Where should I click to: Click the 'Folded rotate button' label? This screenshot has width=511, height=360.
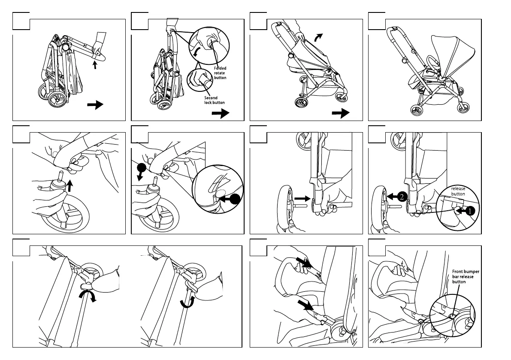(220, 73)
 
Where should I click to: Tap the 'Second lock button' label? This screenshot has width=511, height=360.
(214, 100)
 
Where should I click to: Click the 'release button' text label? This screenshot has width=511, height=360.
(458, 191)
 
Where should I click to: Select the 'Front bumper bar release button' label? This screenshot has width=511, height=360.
(466, 277)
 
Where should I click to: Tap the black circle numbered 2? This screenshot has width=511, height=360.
(400, 197)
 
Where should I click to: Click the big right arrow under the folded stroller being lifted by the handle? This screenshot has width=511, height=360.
(221, 113)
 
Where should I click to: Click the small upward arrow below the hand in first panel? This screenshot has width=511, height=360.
(95, 65)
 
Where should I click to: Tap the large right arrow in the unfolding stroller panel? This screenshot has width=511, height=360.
(341, 113)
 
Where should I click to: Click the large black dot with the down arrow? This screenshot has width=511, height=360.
(142, 168)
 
